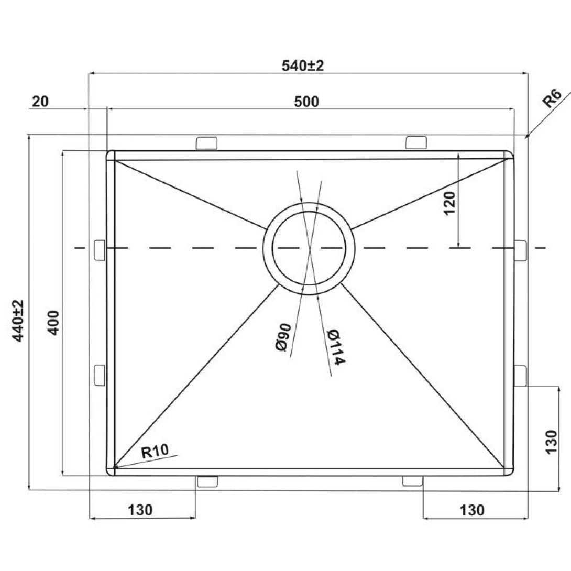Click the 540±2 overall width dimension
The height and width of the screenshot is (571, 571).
(303, 66)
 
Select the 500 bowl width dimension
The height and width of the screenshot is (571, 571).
(306, 102)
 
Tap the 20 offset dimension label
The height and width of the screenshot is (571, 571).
(40, 102)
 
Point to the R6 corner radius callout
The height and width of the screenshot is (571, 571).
(552, 98)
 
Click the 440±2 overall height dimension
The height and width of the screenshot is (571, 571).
(18, 321)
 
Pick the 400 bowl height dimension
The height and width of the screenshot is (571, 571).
(53, 323)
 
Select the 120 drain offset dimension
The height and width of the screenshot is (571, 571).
(450, 203)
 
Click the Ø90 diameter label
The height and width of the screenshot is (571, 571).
(284, 337)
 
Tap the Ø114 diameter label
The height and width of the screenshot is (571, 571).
(335, 347)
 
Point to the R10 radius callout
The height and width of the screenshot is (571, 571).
(155, 452)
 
